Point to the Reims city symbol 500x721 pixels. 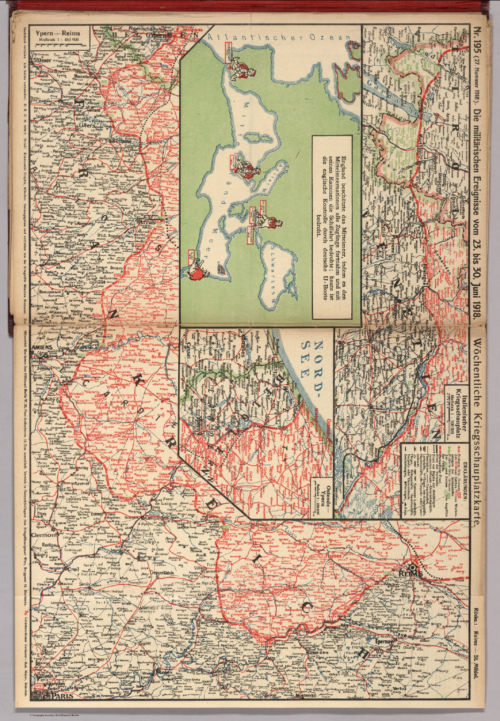(416, 567)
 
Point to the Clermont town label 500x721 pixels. (44, 534)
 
